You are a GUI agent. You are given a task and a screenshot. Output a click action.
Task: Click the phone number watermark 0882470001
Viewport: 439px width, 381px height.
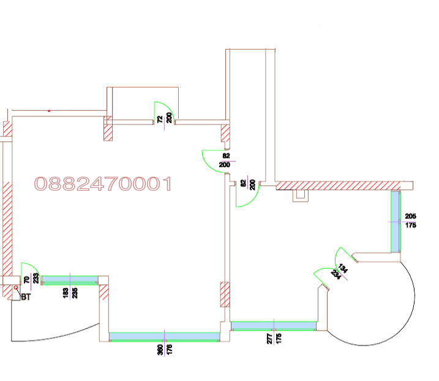tap(103, 184)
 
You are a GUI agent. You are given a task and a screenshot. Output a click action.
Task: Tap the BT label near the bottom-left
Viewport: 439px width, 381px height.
tap(26, 297)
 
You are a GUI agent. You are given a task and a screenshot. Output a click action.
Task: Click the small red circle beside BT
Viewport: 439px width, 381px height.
tap(16, 287)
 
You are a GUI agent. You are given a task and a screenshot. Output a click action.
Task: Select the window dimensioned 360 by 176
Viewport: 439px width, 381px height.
tap(164, 337)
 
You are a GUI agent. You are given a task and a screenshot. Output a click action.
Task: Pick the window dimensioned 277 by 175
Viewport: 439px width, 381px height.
tap(274, 326)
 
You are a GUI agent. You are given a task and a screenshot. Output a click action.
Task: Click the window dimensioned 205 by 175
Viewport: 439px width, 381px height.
tap(396, 222)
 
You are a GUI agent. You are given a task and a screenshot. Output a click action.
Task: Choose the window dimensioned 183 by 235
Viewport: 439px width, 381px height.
tap(70, 280)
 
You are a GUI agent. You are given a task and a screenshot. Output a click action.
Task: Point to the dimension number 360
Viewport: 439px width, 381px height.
tap(160, 350)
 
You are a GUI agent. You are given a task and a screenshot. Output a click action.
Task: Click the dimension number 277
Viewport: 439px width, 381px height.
tap(269, 338)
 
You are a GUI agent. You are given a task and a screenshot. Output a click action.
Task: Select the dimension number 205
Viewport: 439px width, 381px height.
tap(410, 216)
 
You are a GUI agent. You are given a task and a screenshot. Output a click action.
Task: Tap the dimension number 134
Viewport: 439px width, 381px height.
tap(343, 268)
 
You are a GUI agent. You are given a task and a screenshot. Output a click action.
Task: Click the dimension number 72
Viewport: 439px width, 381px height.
tap(160, 119)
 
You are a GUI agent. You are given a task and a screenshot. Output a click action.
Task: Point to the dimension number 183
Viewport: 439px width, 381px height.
tap(66, 293)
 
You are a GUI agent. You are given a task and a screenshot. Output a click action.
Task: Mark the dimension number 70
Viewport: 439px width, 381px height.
tap(26, 279)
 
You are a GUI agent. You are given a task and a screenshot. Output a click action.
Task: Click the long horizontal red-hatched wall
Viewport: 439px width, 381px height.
tap(338, 185)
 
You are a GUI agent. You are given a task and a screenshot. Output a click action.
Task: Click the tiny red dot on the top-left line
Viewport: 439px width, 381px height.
tap(49, 111)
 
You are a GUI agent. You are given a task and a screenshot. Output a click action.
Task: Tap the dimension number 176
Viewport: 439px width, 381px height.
tap(170, 350)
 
